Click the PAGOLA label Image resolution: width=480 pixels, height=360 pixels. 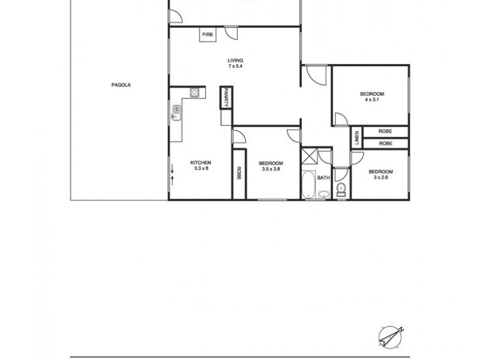pyautogui.click(x=121, y=85)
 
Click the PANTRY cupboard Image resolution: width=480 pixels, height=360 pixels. pyautogui.click(x=226, y=97)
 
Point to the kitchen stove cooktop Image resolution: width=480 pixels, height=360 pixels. pyautogui.click(x=194, y=92)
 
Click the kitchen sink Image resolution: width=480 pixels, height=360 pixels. pyautogui.click(x=177, y=112)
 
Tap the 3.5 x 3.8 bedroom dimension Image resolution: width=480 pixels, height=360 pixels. pyautogui.click(x=271, y=169)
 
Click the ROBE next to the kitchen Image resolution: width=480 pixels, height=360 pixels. pyautogui.click(x=239, y=173)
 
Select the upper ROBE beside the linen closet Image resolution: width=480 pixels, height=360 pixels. pyautogui.click(x=385, y=131)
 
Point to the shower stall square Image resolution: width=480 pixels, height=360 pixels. pyautogui.click(x=310, y=155)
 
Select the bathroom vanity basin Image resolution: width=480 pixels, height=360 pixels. pyautogui.click(x=324, y=193)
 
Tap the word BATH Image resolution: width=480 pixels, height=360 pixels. pyautogui.click(x=324, y=178)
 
